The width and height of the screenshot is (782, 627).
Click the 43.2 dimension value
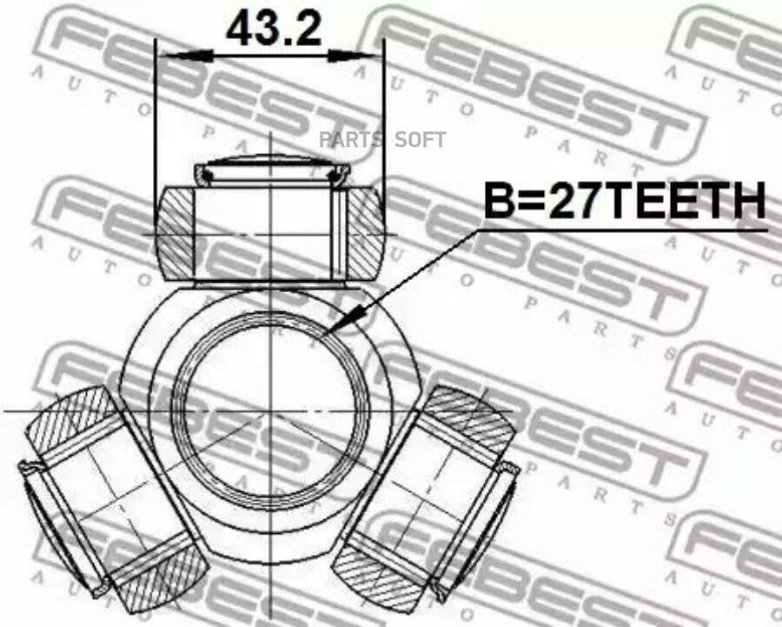click(x=274, y=28)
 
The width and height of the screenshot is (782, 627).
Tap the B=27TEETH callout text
click(x=626, y=201)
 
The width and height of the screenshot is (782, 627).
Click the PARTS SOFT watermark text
click(x=382, y=140)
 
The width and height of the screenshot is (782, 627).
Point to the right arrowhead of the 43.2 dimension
click(x=355, y=56)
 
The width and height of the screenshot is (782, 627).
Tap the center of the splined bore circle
click(x=270, y=411)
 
